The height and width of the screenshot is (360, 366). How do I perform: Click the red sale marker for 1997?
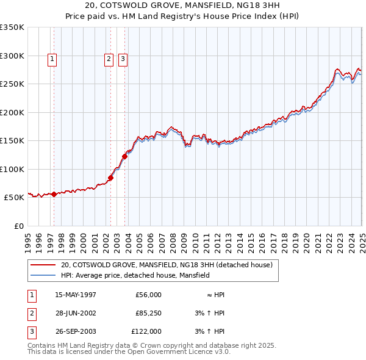tap(54, 195)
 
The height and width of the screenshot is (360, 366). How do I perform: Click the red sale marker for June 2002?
tap(111, 178)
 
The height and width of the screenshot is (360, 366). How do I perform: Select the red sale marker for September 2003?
tap(124, 156)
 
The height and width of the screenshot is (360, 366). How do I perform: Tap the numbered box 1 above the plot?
tap(52, 59)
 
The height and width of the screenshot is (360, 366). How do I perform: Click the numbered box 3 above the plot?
tap(123, 59)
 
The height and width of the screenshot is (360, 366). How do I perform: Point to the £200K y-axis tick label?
tap(12, 112)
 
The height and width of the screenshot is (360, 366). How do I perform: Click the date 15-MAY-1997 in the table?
tap(76, 295)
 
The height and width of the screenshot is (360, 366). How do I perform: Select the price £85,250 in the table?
tap(148, 313)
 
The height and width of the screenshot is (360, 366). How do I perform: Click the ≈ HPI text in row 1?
tap(215, 295)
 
